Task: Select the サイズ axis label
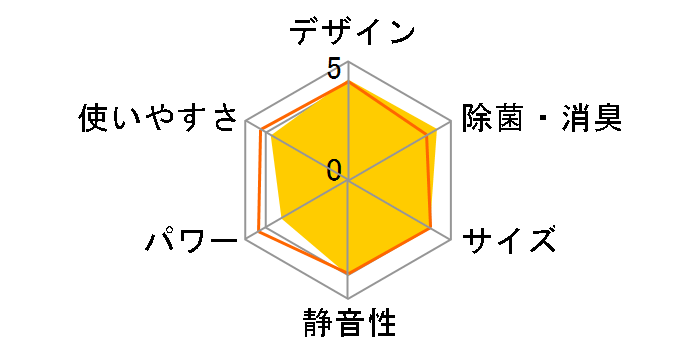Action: (509, 241)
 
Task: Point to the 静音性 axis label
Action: (349, 325)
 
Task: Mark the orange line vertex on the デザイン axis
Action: (348, 83)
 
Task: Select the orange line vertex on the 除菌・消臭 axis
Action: (428, 137)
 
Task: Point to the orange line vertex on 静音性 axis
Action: (348, 272)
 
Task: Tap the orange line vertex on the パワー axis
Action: (259, 231)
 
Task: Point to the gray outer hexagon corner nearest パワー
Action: (246, 240)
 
